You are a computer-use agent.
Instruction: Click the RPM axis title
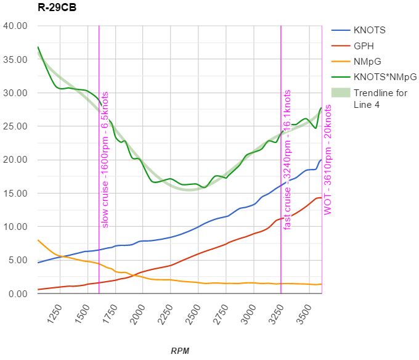click(x=180, y=351)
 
